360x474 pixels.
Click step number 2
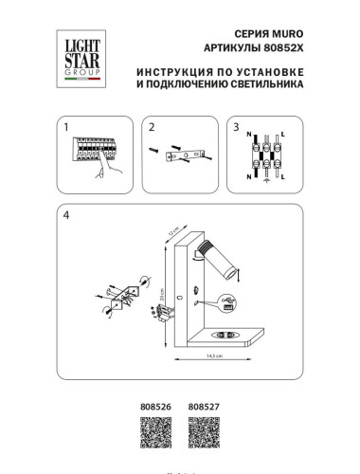click(x=150, y=124)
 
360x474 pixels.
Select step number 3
click(x=237, y=124)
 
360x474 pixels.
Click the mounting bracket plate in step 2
click(x=186, y=155)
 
